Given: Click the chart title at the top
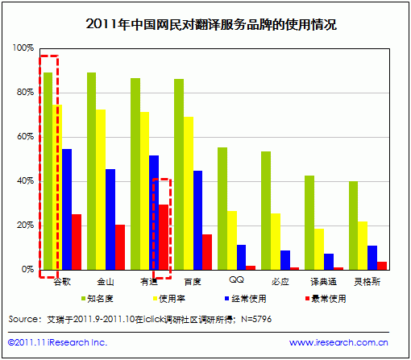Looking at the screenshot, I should [x=210, y=24].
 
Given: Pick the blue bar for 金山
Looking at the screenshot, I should [x=110, y=219].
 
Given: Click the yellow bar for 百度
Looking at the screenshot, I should [x=188, y=193].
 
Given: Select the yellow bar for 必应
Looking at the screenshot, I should [x=276, y=241].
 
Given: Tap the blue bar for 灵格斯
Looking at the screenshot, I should [x=372, y=257].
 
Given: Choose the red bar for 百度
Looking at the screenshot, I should [x=207, y=251].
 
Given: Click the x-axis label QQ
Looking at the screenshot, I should [x=236, y=280].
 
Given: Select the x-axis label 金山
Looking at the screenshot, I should [x=106, y=281].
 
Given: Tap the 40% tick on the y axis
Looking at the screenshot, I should [x=25, y=180].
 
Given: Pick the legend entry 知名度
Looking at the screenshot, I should [x=101, y=298].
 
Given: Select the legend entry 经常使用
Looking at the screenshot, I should [x=252, y=298].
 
